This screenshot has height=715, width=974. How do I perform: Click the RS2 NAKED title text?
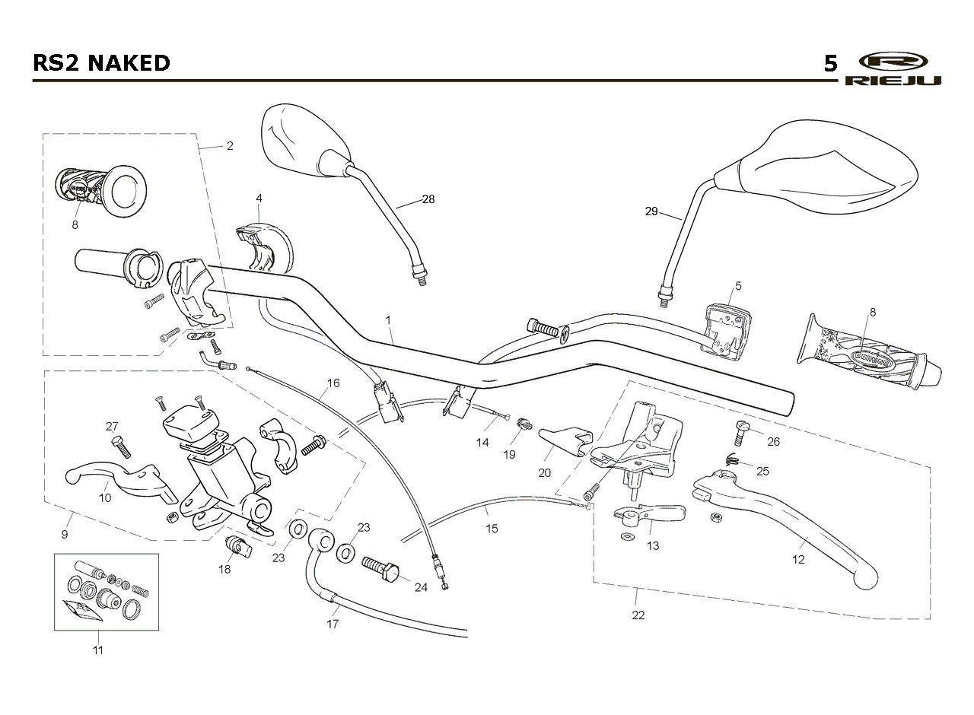(101, 63)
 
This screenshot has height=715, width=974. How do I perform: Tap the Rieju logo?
(893, 69)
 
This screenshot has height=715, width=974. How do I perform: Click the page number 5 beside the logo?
(830, 64)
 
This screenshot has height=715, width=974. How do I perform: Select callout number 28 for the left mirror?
(428, 199)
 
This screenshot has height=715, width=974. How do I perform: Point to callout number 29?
(651, 211)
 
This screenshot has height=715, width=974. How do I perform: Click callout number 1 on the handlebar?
(388, 320)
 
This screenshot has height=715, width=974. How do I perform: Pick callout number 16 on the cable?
(333, 383)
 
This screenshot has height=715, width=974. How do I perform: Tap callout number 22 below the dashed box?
(638, 615)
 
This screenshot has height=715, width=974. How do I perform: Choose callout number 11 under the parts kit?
(98, 650)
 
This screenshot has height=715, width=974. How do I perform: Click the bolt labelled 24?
(380, 568)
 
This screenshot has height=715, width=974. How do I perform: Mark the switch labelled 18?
(238, 547)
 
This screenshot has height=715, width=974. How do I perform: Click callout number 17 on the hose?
(333, 624)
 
